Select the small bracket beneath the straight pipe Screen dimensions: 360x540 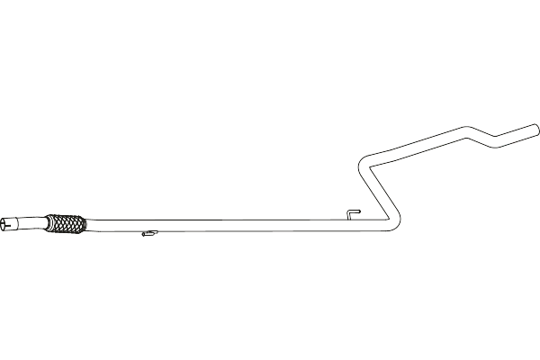(x=146, y=236)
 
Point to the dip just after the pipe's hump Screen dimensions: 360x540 (x=490, y=141)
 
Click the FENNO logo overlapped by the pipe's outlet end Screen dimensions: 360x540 (x=517, y=142)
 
